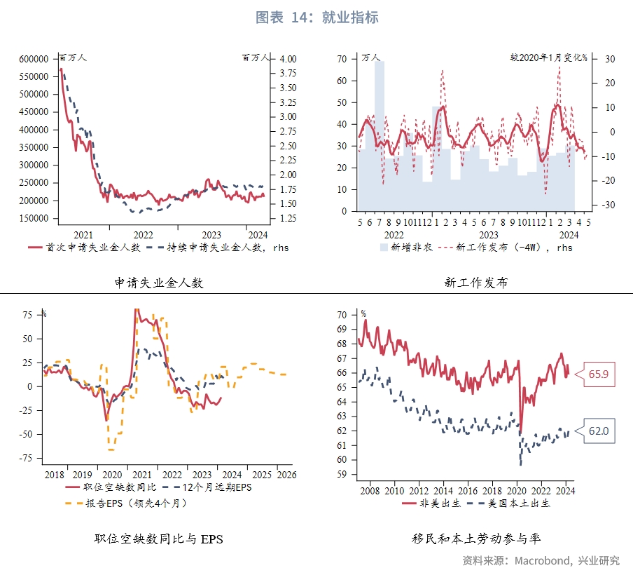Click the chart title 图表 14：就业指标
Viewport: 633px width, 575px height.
(x=316, y=18)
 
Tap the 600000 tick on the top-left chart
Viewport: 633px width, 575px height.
(x=34, y=59)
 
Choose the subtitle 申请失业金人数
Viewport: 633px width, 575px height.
(x=159, y=283)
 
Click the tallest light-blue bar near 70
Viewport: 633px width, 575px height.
(x=379, y=133)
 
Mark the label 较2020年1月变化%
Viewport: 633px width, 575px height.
(x=549, y=57)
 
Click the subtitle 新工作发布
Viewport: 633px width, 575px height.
(x=476, y=283)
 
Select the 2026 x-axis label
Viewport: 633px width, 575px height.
(x=284, y=475)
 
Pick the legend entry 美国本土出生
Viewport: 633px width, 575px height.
(x=517, y=503)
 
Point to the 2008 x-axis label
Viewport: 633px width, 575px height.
(x=370, y=492)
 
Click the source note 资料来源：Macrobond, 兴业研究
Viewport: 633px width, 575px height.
(x=541, y=560)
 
